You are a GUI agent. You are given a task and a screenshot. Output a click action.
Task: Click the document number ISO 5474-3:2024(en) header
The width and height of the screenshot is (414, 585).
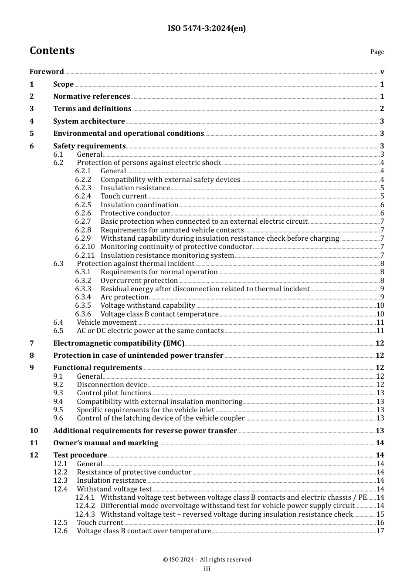(207, 28)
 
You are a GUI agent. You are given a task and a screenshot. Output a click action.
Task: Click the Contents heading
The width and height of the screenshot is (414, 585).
(52, 50)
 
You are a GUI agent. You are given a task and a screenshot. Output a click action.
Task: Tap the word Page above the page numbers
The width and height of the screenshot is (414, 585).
(377, 52)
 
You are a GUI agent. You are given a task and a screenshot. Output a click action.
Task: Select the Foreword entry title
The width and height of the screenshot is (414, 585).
(47, 72)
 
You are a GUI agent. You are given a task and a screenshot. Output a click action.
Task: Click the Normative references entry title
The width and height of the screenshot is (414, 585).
(92, 97)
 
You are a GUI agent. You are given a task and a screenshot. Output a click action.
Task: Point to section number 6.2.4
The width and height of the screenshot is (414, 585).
(83, 196)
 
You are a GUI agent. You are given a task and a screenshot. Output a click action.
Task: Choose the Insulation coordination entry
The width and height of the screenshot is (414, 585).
(139, 205)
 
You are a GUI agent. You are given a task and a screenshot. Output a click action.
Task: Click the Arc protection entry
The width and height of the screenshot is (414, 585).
(124, 297)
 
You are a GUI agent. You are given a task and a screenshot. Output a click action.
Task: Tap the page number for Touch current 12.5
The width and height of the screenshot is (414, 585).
(380, 523)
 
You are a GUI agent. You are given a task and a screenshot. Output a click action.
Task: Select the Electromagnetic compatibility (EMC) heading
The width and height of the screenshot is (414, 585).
(119, 343)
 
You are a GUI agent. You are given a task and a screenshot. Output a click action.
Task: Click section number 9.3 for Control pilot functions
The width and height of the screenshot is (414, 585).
(58, 393)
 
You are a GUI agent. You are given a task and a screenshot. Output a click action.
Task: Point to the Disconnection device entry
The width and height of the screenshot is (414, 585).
(112, 385)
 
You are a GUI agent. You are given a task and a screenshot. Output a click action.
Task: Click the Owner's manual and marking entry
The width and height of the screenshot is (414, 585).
(105, 443)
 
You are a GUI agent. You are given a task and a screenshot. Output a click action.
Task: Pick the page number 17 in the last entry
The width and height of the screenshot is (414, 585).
(380, 531)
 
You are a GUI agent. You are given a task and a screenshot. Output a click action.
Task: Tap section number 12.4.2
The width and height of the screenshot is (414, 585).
(85, 506)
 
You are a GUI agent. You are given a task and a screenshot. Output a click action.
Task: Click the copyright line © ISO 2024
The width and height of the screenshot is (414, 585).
(207, 560)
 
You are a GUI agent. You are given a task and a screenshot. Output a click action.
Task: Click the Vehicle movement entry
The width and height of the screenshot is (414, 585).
(106, 323)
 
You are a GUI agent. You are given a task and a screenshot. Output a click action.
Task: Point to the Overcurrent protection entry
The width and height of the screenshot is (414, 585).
(139, 281)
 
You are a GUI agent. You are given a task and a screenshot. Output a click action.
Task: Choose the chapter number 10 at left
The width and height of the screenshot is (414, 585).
(34, 431)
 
